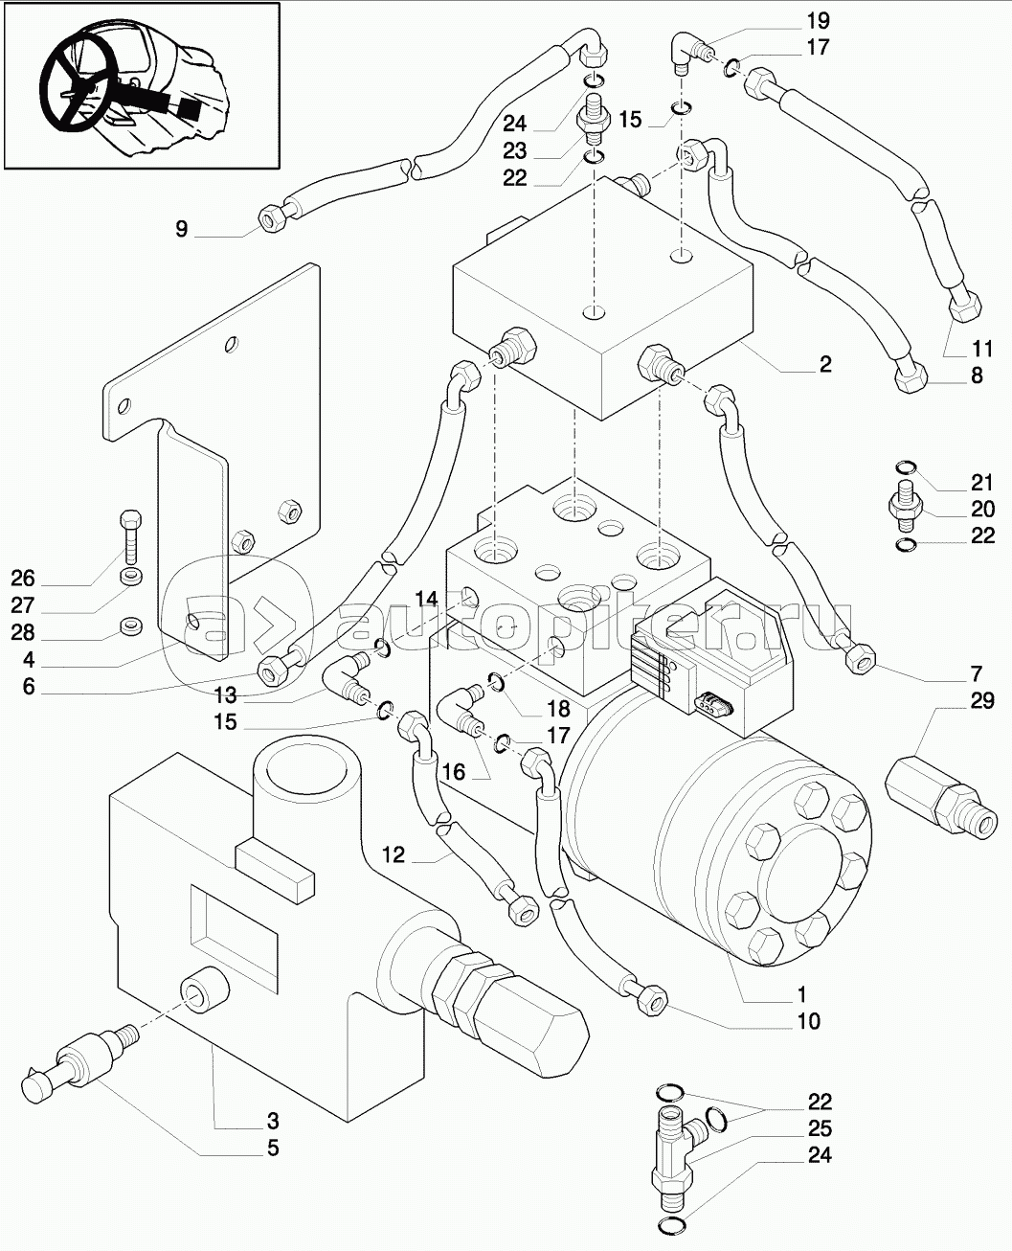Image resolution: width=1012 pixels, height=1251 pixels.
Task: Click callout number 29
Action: pos(981,701)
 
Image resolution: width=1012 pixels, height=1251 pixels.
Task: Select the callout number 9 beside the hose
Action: pos(182,229)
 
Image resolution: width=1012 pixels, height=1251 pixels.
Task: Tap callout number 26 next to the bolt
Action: pos(23,578)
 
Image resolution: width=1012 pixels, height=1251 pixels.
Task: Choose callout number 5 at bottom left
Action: pos(273,1148)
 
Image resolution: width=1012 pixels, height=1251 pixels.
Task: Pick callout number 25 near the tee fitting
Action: pos(819,1128)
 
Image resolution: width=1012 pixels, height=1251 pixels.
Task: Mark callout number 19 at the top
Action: pos(818,20)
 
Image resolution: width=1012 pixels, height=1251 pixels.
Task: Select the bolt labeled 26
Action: pos(131,537)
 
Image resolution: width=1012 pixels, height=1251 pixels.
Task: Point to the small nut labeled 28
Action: pos(129,627)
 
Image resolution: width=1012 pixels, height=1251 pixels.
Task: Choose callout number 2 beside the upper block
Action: pos(824,364)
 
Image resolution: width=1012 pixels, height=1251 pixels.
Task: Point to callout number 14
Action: pos(425,600)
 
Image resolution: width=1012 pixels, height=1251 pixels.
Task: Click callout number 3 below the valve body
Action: pos(273,1121)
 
